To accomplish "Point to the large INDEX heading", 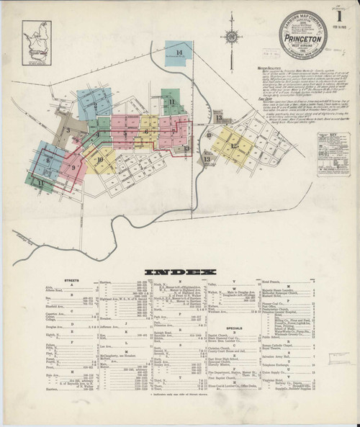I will pos(180,271).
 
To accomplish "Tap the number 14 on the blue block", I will pos(188,52).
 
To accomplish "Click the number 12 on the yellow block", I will pos(235,145).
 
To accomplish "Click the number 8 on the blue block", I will pos(48,161).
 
